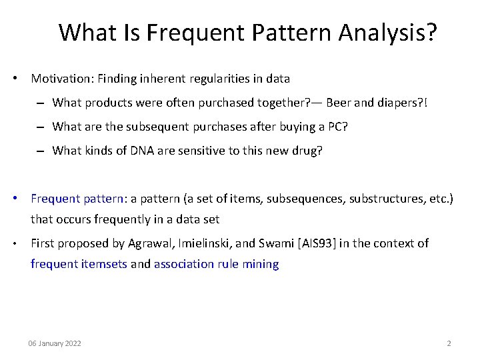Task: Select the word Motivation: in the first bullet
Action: (x=62, y=79)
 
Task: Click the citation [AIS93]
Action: (x=315, y=243)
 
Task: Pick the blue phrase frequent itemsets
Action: (x=79, y=264)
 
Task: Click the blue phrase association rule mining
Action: (x=217, y=264)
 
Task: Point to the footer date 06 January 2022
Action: (x=55, y=343)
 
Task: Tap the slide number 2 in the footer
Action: (x=449, y=343)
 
